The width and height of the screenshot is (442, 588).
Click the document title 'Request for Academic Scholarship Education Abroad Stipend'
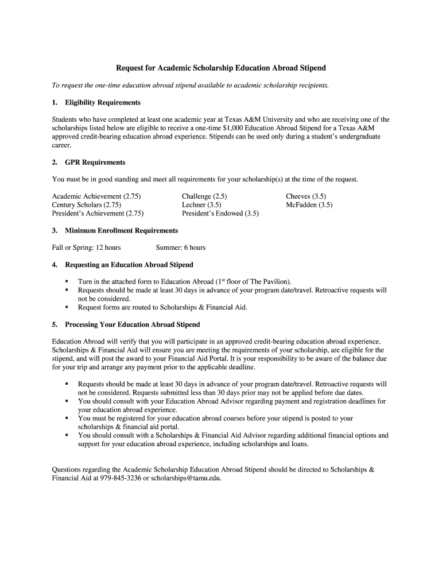[x=221, y=68]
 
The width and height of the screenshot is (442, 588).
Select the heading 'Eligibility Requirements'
[x=103, y=102]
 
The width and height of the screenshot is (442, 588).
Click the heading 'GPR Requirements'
[x=95, y=163]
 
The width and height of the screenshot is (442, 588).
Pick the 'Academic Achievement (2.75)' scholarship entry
[x=96, y=196]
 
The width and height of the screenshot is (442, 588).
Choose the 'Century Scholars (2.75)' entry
[x=87, y=205]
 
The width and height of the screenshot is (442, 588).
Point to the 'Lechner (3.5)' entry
[x=201, y=205]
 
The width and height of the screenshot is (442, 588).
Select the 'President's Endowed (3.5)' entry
[x=220, y=214]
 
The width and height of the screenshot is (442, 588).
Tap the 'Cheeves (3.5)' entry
[x=306, y=196]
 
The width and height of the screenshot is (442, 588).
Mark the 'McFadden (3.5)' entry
[x=309, y=205]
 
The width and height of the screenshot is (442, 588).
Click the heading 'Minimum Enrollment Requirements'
[x=121, y=231]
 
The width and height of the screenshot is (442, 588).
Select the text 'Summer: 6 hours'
[x=181, y=247]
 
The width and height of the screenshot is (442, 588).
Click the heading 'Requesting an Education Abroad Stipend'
[x=129, y=265]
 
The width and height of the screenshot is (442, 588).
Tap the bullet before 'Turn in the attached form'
[x=67, y=282]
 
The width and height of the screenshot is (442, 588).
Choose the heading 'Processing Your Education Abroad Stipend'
[x=133, y=324]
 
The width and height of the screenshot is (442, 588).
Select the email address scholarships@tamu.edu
[x=186, y=478]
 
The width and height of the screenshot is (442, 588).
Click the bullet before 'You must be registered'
[x=67, y=419]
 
